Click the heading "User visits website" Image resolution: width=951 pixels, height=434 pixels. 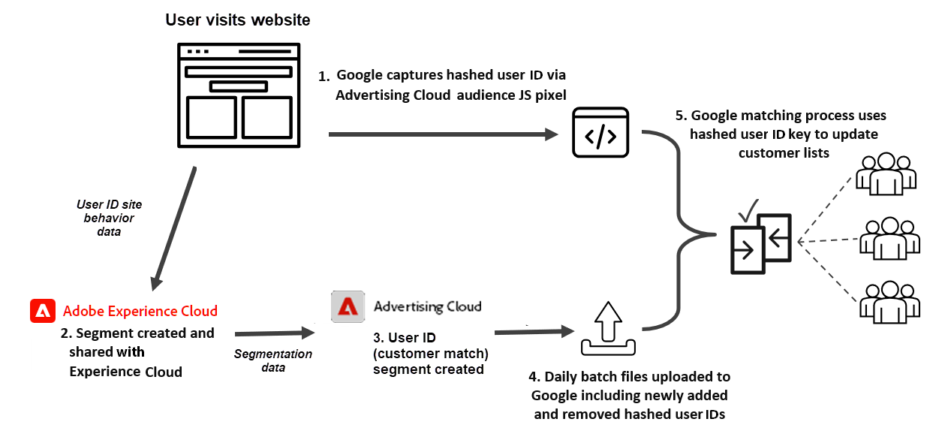pos(237,20)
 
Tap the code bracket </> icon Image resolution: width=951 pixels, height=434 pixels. pos(600,133)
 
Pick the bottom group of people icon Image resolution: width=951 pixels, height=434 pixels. pos(890,300)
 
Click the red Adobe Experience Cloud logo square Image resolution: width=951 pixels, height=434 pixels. pos(42,311)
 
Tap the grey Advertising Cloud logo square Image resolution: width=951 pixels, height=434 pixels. pos(348,306)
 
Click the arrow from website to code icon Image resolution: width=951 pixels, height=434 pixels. pos(443,135)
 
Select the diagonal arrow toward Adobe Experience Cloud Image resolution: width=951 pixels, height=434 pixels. pos(174,228)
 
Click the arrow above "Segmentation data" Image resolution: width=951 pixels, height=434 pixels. pos(274,333)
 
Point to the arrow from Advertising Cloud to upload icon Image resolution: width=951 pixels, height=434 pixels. pos(532,330)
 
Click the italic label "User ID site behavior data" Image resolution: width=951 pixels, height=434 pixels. pos(109,218)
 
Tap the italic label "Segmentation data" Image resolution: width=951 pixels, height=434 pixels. pos(273,360)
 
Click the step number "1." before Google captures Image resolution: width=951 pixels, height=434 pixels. pos(324,77)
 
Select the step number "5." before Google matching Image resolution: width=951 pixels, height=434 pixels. pos(680,116)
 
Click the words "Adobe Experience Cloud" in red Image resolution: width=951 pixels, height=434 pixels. pos(140,311)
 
